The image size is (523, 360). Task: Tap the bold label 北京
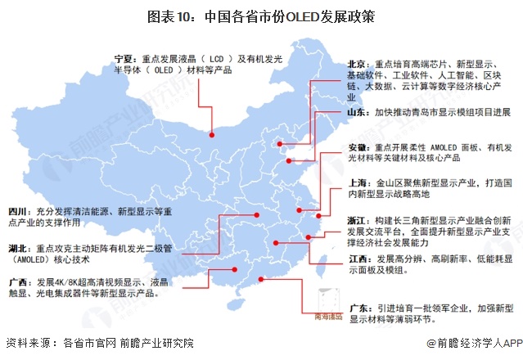[357, 63]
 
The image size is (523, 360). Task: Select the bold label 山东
[357, 111]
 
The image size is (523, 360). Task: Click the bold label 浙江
[357, 222]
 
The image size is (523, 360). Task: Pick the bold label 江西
[357, 259]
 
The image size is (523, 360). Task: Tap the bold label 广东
[357, 309]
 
